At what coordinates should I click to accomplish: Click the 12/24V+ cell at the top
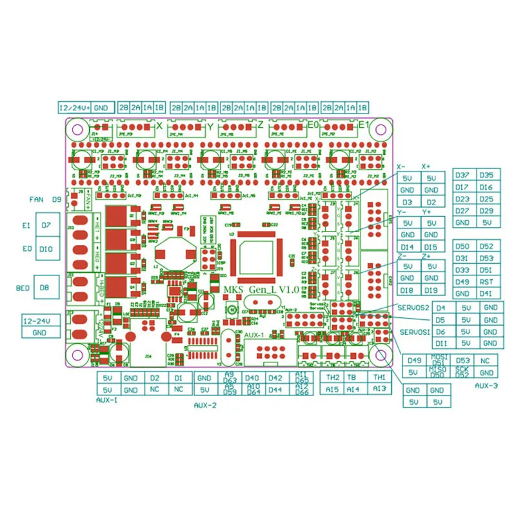74,107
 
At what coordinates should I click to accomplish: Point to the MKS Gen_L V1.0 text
261,290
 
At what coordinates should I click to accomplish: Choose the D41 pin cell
487,293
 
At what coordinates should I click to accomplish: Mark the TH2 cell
333,377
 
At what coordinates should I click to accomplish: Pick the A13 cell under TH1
380,389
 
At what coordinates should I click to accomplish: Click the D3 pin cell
407,202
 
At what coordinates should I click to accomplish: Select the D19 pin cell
432,290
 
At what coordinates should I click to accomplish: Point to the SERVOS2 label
413,308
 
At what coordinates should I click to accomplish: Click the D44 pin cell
275,390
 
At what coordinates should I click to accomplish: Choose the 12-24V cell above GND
37,321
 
